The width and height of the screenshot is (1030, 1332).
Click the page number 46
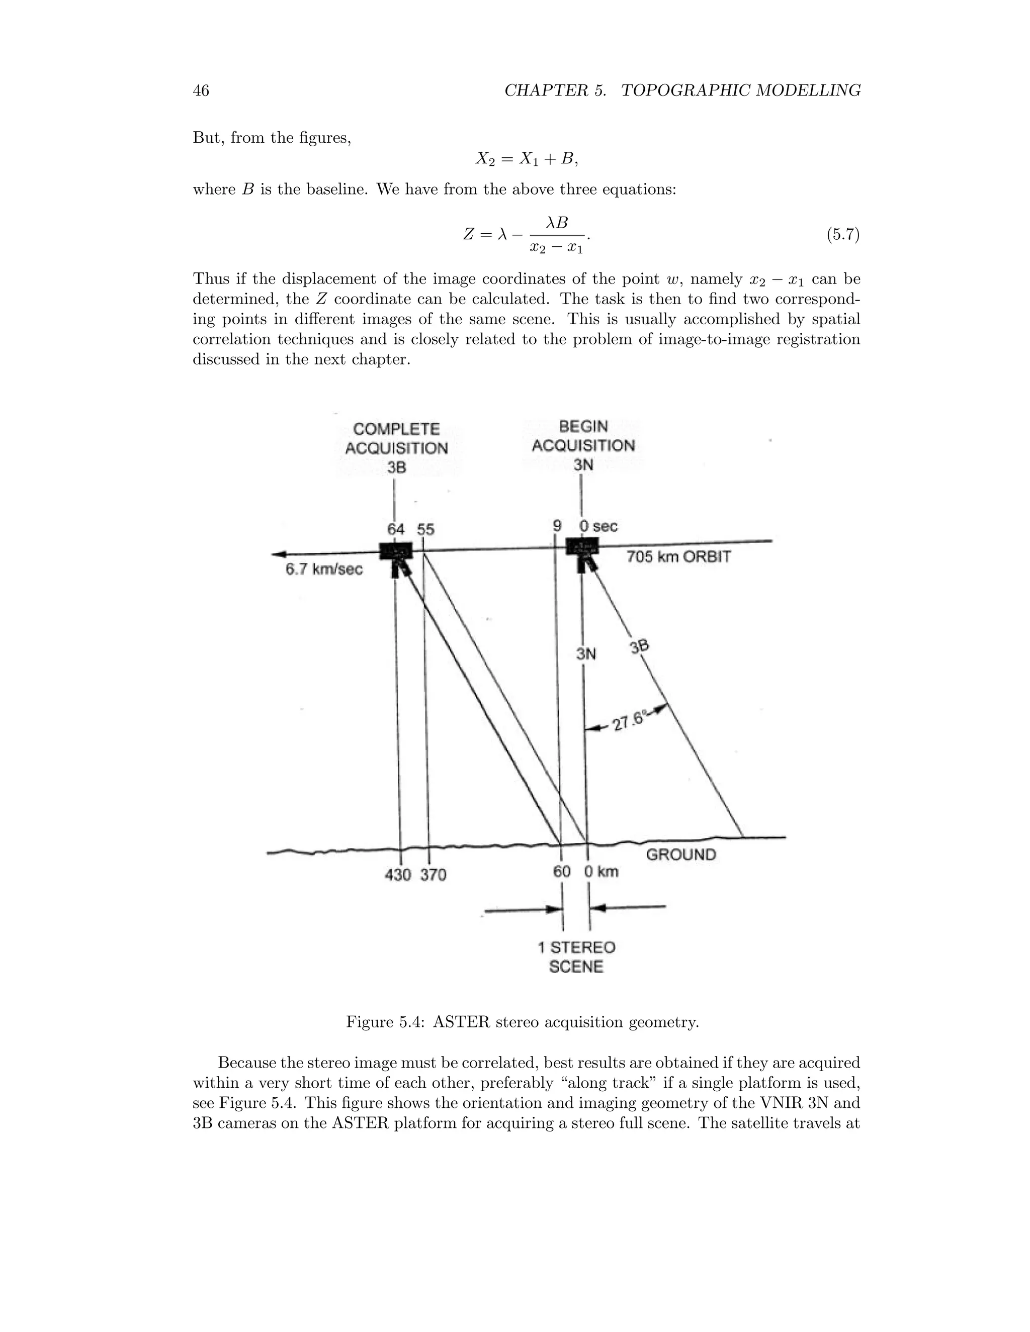click(x=201, y=91)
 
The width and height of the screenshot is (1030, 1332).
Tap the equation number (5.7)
click(x=843, y=234)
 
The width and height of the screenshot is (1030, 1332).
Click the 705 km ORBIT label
click(x=678, y=557)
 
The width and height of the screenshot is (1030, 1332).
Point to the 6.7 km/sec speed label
click(x=324, y=569)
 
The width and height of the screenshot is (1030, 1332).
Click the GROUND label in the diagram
click(x=681, y=854)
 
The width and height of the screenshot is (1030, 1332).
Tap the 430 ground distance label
click(x=398, y=875)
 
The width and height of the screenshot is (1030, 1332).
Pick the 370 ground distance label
click(x=433, y=875)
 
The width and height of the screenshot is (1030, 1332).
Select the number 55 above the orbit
click(x=426, y=529)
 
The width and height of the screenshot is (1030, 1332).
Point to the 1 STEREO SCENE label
click(x=576, y=957)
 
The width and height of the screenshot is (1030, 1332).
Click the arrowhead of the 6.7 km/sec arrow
click(x=280, y=554)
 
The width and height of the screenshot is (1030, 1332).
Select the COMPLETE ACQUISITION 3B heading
click(x=397, y=448)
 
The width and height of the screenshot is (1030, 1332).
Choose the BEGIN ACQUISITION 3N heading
click(x=583, y=445)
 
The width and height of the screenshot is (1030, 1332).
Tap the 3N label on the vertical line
click(x=586, y=654)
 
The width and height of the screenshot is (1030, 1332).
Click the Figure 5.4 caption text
click(x=523, y=1022)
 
